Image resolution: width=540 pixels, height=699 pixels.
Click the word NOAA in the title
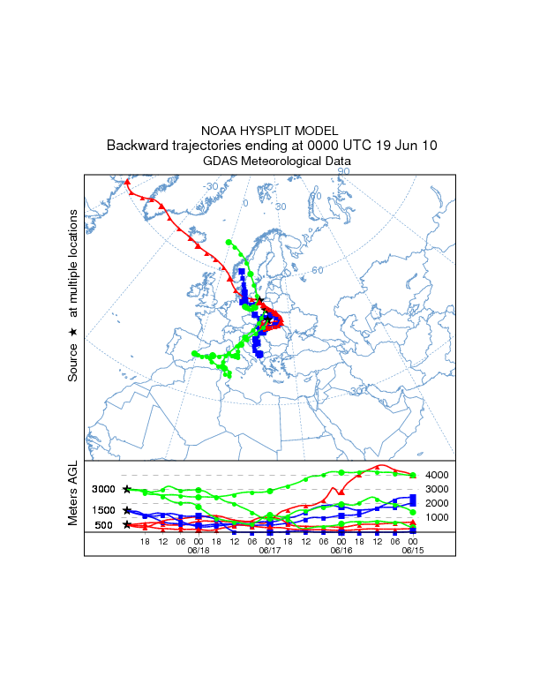(x=220, y=130)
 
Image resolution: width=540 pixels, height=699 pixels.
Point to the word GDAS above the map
(x=220, y=162)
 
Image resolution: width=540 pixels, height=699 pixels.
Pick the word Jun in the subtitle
(x=401, y=146)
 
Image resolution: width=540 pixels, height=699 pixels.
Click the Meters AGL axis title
(x=73, y=494)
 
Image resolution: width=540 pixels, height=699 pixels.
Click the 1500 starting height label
(x=104, y=510)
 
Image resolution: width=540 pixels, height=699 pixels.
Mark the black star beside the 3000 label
(x=127, y=489)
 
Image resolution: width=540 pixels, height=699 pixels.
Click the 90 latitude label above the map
(x=344, y=170)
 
